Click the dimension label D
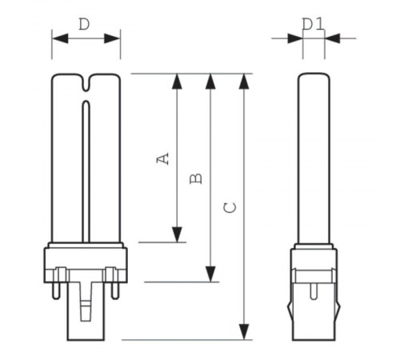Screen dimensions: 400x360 84,24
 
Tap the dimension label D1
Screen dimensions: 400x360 314,24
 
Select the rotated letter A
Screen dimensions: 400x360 162,158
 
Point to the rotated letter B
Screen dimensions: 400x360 196,178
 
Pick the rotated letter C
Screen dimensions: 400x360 230,208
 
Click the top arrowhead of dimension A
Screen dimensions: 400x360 177,81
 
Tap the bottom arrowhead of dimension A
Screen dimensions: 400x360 177,234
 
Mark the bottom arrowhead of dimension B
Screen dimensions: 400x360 210,274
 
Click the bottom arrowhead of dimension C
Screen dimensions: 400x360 244,332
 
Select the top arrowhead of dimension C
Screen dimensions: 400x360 244,81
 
